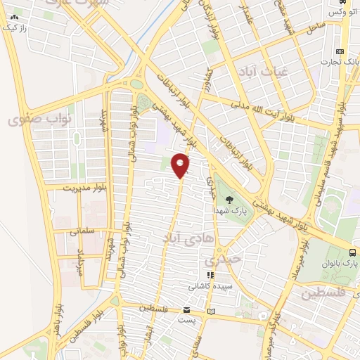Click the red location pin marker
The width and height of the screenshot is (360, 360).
181,165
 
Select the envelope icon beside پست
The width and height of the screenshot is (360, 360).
186,310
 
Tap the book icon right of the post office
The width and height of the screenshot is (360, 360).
212,310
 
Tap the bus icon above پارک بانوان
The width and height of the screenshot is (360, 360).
352,253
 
